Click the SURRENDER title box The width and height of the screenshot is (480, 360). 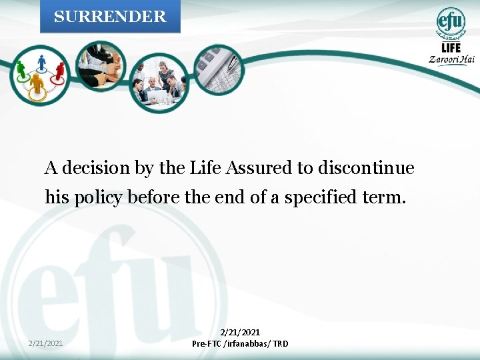(110, 17)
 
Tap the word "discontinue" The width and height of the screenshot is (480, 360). (366, 168)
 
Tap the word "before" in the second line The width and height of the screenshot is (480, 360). (153, 197)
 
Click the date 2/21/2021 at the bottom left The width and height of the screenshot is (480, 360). (46, 343)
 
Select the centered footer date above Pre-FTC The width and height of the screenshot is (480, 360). (240, 332)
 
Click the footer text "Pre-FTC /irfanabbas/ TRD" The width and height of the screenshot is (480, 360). (240, 344)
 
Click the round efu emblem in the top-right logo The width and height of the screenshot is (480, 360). (451, 23)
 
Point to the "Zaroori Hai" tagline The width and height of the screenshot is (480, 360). (451, 59)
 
